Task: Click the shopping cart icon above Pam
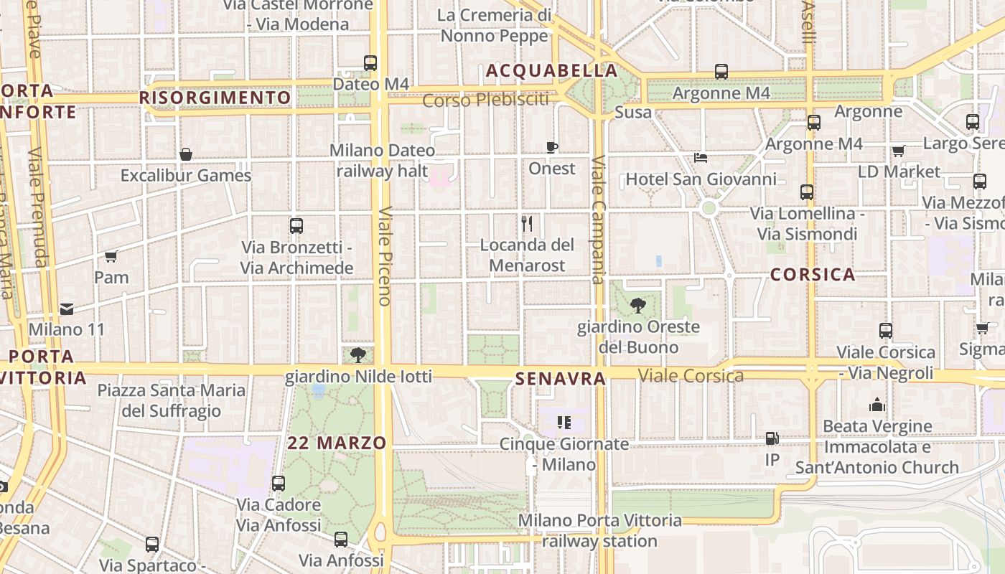point(111,256)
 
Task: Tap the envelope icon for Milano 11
point(67,309)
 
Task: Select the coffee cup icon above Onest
point(551,148)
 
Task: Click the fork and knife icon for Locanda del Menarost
point(527,224)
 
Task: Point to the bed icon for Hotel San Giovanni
point(701,158)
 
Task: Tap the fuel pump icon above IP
point(772,438)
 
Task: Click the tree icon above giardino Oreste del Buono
point(637,306)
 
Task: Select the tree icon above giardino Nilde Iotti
point(357,354)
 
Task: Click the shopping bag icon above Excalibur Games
point(186,154)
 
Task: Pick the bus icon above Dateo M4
point(370,63)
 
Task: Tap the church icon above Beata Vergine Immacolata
point(877,405)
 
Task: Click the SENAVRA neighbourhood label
point(560,378)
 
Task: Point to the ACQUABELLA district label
point(551,70)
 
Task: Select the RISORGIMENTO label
point(215,98)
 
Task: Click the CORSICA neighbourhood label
point(813,274)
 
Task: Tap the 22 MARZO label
point(337,443)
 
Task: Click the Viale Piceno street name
point(384,256)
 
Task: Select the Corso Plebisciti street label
point(485,100)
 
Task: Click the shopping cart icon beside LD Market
point(898,151)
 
